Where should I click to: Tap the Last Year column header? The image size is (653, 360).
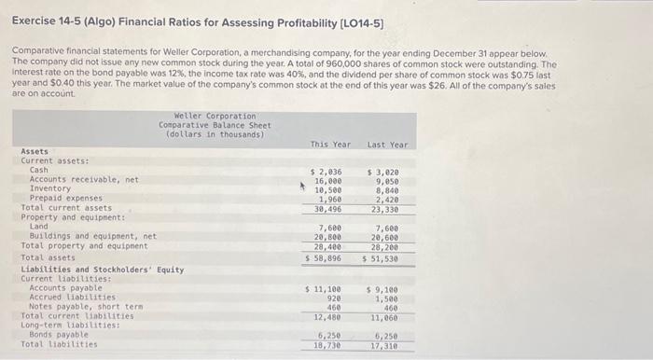[387, 144]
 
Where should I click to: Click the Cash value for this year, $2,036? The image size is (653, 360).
[326, 172]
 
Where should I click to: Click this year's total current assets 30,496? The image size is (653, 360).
[329, 208]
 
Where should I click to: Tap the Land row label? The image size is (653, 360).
[39, 227]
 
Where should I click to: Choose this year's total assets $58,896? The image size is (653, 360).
[326, 256]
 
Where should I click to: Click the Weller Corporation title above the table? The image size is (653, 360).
[215, 116]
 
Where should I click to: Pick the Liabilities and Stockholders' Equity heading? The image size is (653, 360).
[102, 270]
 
